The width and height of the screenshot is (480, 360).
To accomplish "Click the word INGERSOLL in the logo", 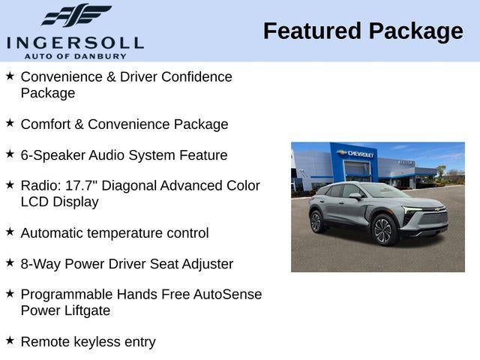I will pyautogui.click(x=74, y=41).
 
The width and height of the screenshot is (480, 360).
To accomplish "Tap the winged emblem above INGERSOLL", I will pyautogui.click(x=76, y=16).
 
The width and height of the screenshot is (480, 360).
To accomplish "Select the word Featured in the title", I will pyautogui.click(x=312, y=31).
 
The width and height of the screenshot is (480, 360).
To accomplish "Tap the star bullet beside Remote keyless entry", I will pyautogui.click(x=10, y=340).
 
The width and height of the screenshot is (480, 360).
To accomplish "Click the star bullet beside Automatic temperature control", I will pyautogui.click(x=10, y=232).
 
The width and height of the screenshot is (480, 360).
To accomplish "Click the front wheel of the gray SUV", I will pyautogui.click(x=384, y=230).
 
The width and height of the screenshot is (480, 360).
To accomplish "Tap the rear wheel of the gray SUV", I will pyautogui.click(x=316, y=222).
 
